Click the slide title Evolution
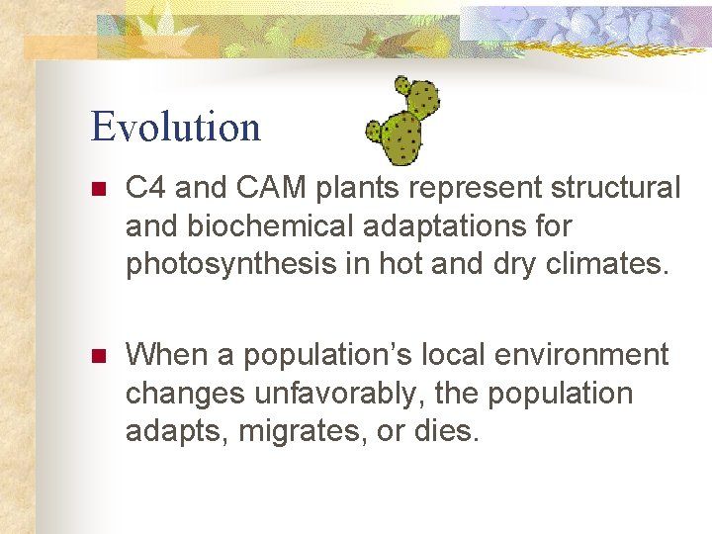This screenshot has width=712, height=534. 175,127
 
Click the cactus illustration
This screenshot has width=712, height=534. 402,122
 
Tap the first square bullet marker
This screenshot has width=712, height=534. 97,188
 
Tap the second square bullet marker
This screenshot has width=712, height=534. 97,355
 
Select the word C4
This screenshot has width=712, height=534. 146,187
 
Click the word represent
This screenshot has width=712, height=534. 442,187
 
